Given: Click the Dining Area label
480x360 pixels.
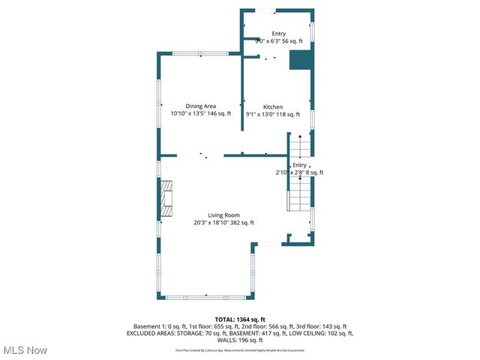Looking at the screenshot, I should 201,106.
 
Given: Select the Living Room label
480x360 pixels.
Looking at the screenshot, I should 224,214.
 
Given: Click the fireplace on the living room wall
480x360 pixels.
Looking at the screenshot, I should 166,199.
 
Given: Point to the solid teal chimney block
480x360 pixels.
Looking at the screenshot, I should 301,60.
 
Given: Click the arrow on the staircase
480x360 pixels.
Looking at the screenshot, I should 299,142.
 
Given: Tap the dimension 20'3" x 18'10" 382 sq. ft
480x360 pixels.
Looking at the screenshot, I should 224,223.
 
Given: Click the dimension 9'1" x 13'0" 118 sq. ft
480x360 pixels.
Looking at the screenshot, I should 273,115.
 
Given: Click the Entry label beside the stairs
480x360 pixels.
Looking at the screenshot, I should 299,165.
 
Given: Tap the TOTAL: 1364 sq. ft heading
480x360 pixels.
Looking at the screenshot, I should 239,319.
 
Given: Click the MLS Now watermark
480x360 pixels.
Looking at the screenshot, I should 25,350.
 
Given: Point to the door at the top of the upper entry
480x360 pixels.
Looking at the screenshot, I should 263,10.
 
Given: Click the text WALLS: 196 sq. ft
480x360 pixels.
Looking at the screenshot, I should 239,340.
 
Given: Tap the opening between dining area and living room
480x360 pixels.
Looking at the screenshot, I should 210,156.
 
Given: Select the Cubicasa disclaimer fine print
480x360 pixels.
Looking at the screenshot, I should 239,350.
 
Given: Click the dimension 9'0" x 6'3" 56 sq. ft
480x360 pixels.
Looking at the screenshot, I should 278,42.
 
